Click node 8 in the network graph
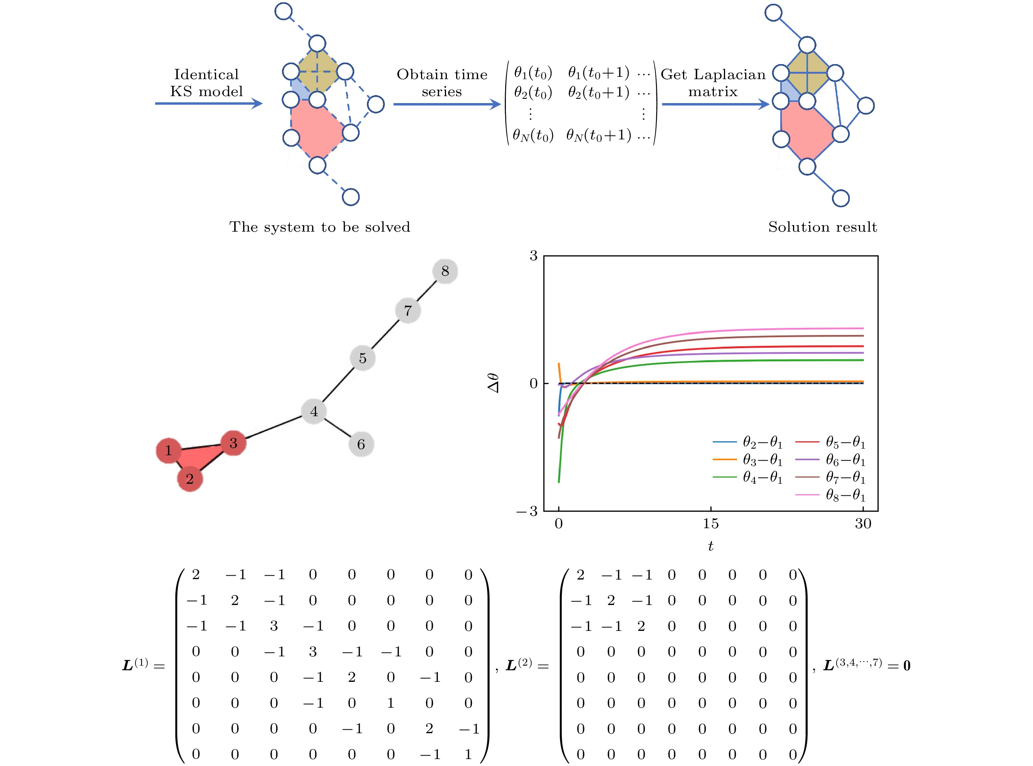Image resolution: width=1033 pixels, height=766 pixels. (x=445, y=271)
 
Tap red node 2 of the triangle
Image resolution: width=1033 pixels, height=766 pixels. (x=189, y=478)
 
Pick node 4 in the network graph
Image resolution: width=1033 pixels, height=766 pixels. (x=314, y=411)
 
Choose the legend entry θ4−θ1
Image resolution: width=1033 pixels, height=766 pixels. (x=762, y=478)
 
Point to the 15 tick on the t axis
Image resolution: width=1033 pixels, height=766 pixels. (x=710, y=524)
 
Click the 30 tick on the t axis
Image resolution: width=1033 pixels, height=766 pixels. (x=862, y=524)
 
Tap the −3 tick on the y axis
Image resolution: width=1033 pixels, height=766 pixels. (x=527, y=511)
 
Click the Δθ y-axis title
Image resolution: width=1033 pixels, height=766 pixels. (x=494, y=383)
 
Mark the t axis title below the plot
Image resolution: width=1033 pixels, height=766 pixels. (x=710, y=546)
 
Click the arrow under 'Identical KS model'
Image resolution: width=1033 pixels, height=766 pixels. (x=208, y=103)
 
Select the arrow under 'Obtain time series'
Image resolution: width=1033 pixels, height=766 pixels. (x=447, y=104)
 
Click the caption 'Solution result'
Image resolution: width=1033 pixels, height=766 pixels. (x=822, y=227)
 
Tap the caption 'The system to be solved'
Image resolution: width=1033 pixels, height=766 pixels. (x=319, y=227)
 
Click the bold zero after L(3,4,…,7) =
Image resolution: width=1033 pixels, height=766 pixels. (x=906, y=666)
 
